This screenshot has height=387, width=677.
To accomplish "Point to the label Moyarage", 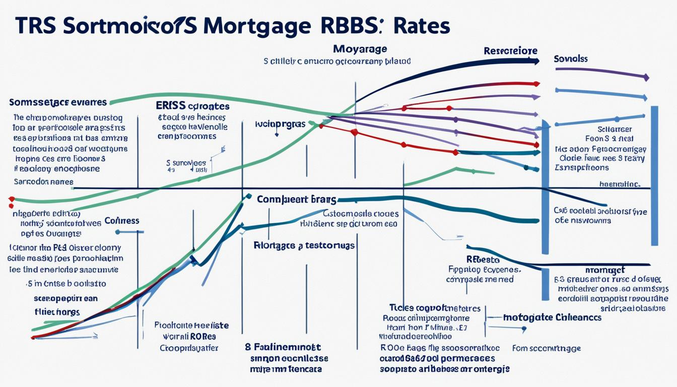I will click(360, 49).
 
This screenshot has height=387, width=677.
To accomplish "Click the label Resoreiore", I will click(510, 51).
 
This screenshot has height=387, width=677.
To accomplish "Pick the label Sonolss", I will click(571, 58).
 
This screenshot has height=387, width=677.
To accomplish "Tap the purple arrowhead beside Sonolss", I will click(646, 78).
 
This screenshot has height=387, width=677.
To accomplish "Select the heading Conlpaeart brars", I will click(296, 200).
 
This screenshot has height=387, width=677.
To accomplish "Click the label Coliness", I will click(122, 221).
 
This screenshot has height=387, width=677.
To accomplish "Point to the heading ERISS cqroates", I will click(193, 106).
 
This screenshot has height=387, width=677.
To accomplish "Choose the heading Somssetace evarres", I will click(58, 102).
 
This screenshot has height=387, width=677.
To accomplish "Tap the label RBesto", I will click(483, 260).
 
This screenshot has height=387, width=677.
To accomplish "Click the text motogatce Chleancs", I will click(552, 317).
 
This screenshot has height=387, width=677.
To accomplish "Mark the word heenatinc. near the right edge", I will click(620, 184).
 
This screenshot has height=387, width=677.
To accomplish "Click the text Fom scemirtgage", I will click(547, 348).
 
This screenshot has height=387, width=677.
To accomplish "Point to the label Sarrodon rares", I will click(43, 181).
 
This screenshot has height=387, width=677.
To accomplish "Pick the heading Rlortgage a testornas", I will click(304, 245).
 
